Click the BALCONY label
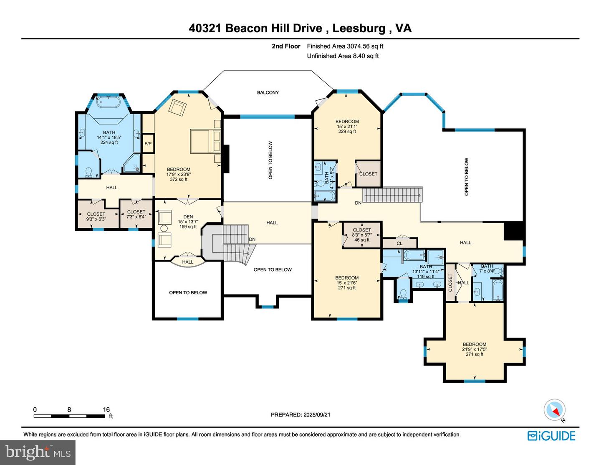(x=268, y=92)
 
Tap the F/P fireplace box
(x=148, y=144)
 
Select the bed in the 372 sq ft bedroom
(x=205, y=141)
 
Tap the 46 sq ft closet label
(x=361, y=235)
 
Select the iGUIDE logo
(x=551, y=436)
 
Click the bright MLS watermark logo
(x=38, y=452)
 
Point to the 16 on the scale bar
(x=106, y=409)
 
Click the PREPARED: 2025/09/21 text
(x=300, y=415)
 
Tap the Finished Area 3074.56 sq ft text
(x=345, y=46)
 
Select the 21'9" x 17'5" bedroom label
(x=475, y=349)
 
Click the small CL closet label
(x=399, y=243)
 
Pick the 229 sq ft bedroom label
(x=347, y=127)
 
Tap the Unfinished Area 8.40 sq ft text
(x=343, y=56)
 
